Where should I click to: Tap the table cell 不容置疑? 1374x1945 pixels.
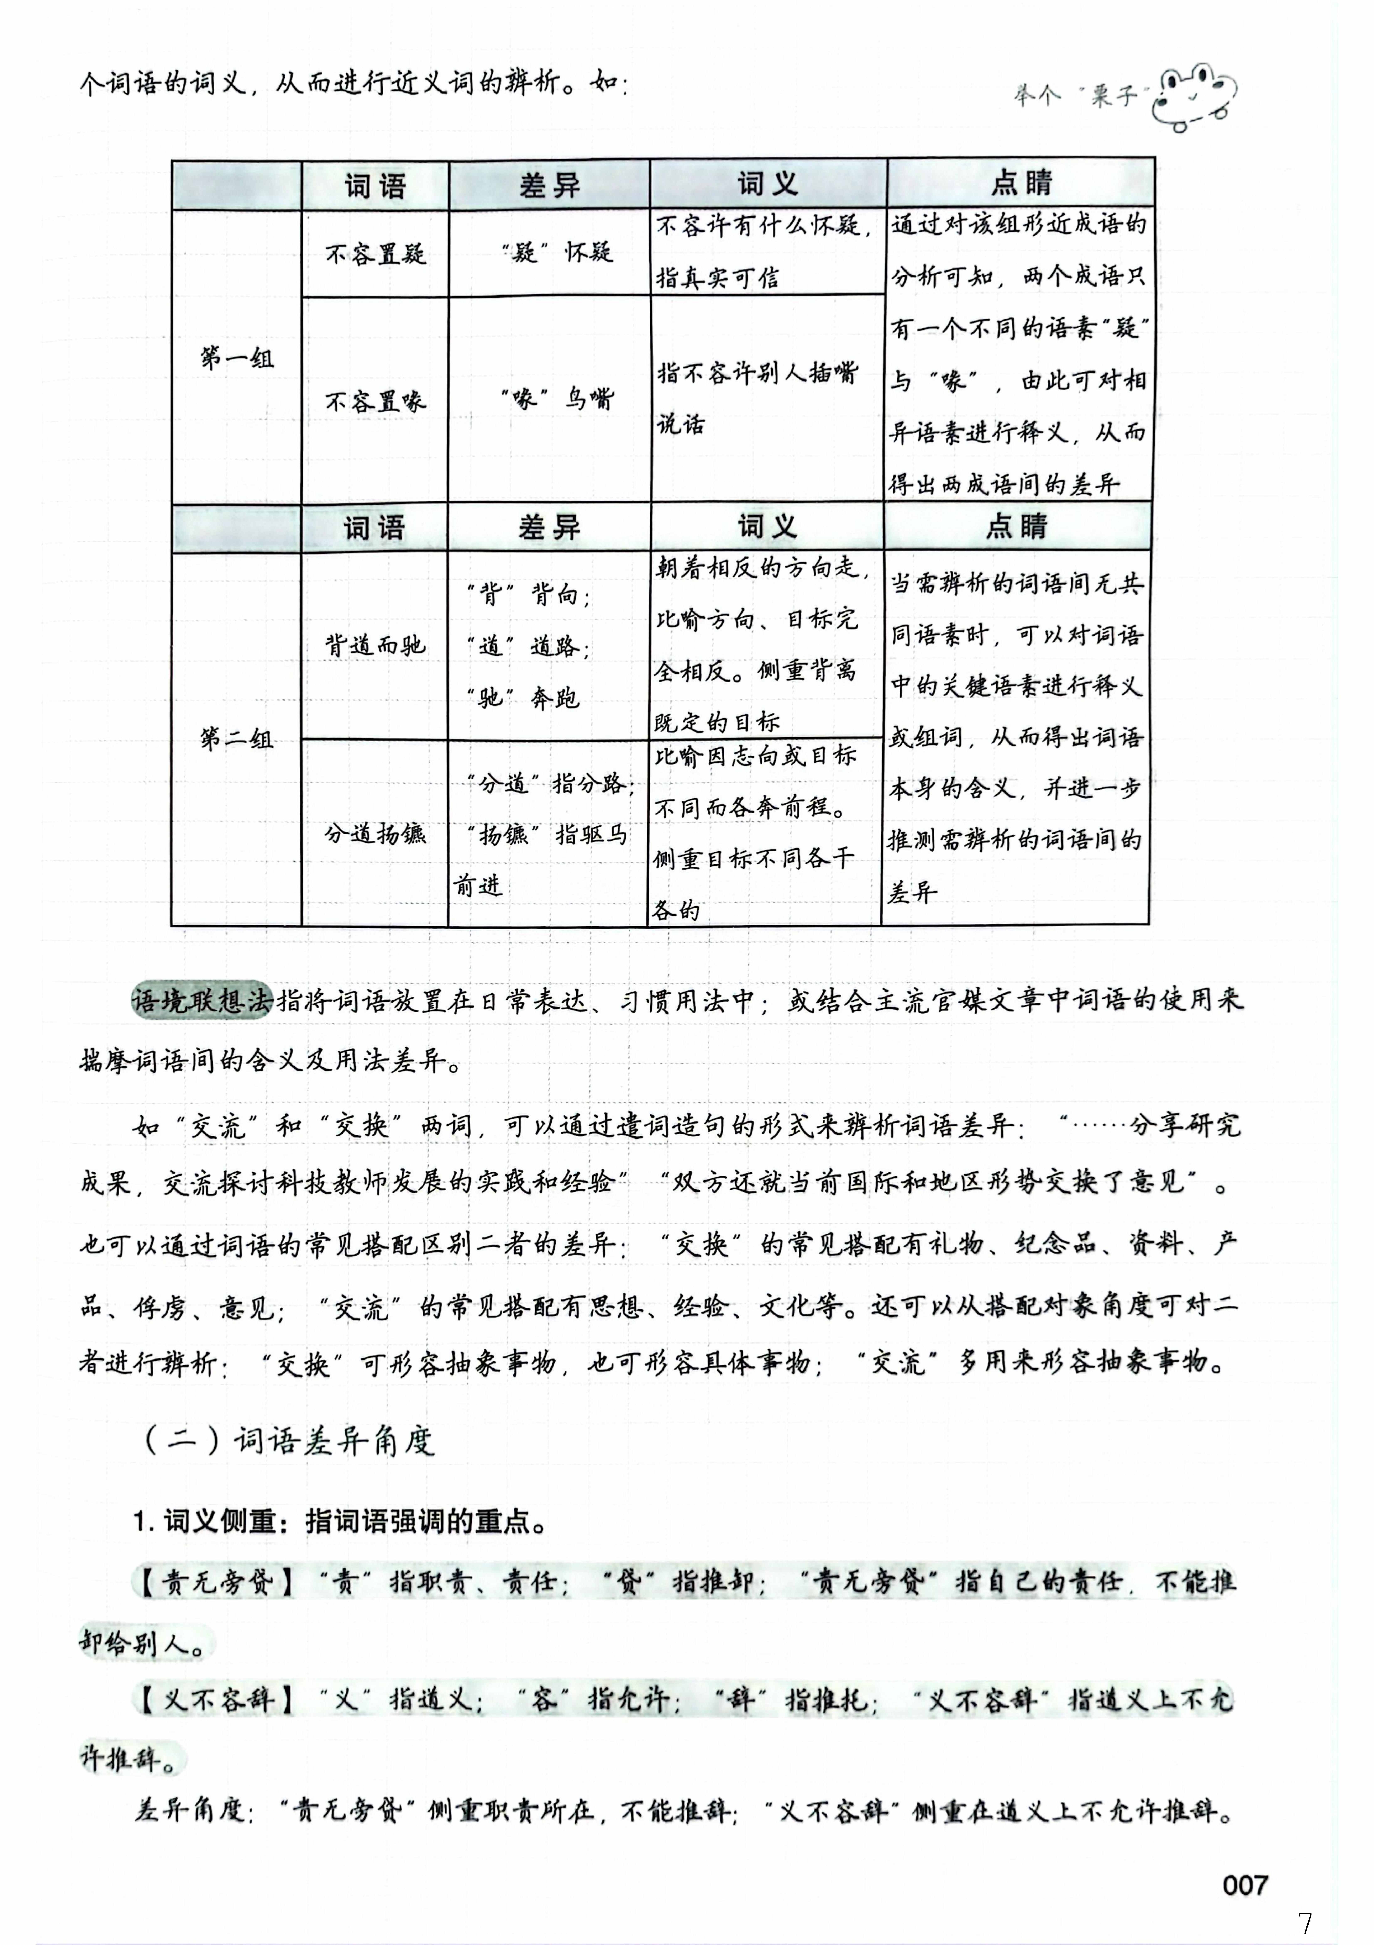pos(375,253)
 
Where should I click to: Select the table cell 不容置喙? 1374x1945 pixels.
pos(375,401)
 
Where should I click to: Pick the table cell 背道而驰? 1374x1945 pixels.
pos(375,646)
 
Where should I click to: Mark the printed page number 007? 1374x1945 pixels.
pos(1244,1886)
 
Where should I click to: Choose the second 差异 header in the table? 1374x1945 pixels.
pos(549,528)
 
